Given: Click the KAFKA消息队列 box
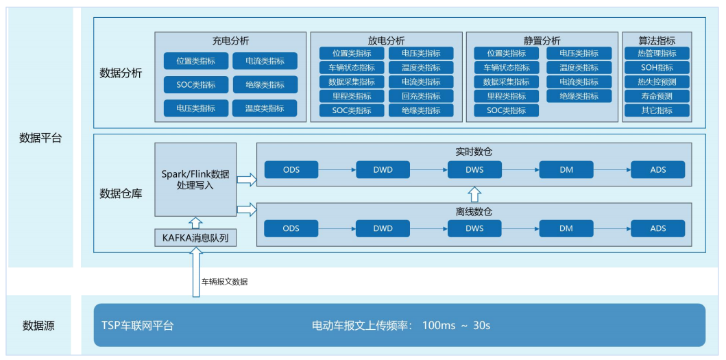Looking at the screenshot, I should click(195, 238).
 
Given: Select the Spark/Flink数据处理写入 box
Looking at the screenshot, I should click(195, 180).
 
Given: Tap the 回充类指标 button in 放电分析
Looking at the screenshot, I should click(420, 96).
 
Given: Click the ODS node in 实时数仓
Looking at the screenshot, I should click(291, 169).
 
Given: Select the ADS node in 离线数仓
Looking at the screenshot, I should click(657, 228).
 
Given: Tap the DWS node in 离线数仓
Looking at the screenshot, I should click(474, 228).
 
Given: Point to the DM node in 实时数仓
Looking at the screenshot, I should click(566, 169).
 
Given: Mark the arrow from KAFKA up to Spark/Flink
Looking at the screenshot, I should click(195, 222).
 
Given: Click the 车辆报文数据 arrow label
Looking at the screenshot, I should click(224, 281).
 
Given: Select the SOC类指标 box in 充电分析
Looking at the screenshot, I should click(195, 85).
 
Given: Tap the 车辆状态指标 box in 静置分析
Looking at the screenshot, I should click(507, 68).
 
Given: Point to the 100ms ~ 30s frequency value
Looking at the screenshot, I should click(456, 325).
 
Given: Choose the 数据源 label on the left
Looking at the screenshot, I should click(38, 325).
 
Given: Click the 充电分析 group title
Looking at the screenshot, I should click(230, 41).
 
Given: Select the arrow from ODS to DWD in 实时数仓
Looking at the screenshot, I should click(337, 169).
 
